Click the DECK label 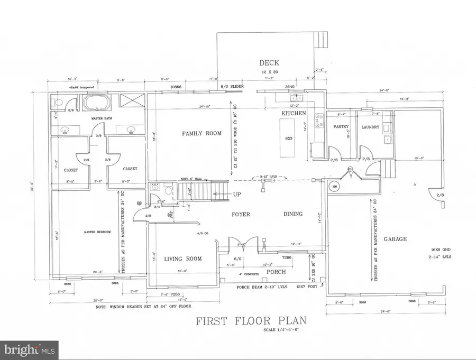[270, 62]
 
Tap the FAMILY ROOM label [202, 133]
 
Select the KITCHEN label [295, 114]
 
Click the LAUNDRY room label [370, 127]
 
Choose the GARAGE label [395, 239]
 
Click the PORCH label [276, 272]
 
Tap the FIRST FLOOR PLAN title [251, 321]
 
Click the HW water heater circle [335, 186]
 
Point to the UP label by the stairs [237, 195]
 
